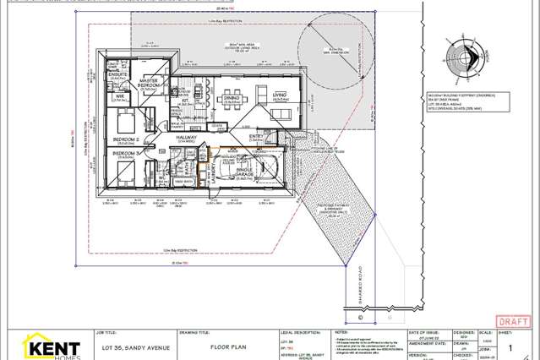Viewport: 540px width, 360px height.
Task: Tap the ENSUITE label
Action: coord(117,75)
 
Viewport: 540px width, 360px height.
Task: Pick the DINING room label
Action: coord(231,97)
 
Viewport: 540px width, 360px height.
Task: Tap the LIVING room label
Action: coord(279,95)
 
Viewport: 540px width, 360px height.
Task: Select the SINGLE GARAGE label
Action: coord(269,172)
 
